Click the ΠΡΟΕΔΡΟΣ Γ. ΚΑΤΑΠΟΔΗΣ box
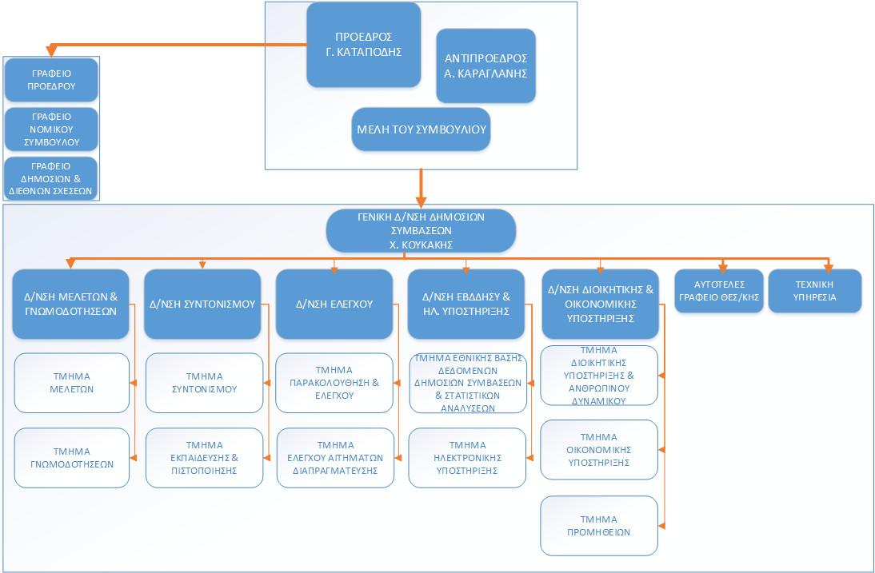364,45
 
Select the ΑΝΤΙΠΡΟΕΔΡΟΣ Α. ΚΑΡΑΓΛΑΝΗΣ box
485,66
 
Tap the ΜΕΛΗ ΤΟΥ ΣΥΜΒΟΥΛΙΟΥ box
420,129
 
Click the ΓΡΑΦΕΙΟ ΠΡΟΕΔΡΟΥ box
51,79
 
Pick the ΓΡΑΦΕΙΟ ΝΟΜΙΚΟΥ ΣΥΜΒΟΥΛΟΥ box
51,129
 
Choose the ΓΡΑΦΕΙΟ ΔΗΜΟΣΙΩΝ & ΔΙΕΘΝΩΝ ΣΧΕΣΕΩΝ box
51,178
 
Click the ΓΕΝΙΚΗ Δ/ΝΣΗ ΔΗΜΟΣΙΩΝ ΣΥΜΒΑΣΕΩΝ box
421,230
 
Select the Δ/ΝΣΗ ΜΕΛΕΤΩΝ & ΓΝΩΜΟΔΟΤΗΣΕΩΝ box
71,304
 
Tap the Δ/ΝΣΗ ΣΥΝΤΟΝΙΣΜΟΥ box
202,304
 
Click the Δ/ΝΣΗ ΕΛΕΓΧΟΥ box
334,304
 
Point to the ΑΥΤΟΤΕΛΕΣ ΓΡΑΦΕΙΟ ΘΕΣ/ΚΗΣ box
719,291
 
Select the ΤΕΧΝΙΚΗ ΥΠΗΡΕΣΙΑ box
815,291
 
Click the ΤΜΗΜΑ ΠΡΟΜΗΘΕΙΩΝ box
599,525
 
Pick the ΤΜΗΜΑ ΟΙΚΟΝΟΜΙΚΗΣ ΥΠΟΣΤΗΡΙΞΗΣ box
599,449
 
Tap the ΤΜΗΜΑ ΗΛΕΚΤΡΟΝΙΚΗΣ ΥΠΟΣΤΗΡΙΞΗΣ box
467,458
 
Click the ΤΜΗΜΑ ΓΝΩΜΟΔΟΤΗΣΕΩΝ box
72,457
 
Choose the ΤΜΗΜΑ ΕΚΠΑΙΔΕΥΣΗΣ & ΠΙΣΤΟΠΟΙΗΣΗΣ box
204,457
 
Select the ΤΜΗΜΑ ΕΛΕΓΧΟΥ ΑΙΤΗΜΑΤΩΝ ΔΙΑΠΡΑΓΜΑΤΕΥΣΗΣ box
335,458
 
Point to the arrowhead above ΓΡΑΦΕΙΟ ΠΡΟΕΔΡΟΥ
51,50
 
